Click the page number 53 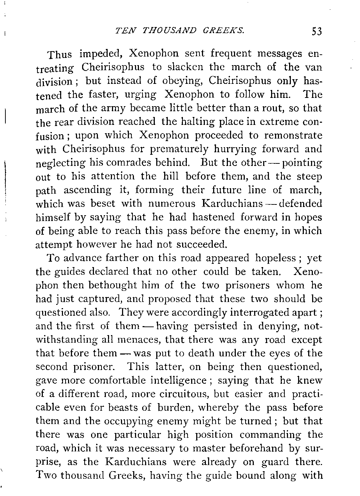[x=317, y=32]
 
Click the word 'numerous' [x=172, y=204]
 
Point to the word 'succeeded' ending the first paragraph [x=198, y=245]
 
